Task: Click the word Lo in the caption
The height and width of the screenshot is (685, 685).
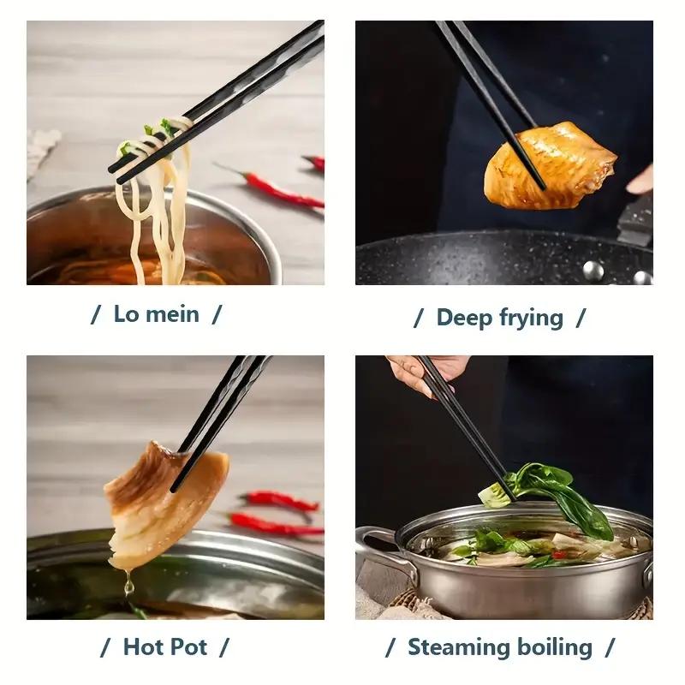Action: click(127, 314)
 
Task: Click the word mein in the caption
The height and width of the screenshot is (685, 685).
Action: click(172, 314)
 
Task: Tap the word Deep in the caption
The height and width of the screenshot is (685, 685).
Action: click(464, 318)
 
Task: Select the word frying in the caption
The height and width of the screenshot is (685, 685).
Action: click(531, 319)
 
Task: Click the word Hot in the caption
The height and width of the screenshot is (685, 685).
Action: click(143, 646)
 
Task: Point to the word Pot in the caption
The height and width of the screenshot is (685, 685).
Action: click(189, 646)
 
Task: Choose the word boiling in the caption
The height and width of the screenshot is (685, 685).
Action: click(553, 646)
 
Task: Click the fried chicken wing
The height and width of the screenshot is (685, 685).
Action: click(549, 164)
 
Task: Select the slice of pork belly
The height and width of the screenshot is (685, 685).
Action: click(163, 501)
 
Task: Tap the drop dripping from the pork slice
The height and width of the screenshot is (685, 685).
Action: click(128, 587)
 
